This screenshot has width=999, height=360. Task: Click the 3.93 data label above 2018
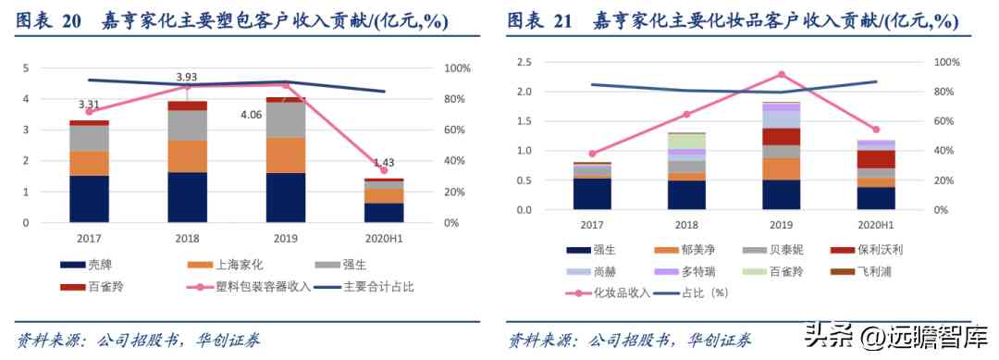[x=187, y=77]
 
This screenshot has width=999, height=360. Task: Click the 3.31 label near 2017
[x=90, y=104]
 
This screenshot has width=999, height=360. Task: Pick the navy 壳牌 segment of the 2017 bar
[x=89, y=199]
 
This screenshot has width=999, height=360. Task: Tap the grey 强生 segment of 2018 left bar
[x=187, y=125]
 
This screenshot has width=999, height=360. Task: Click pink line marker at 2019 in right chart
[x=781, y=74]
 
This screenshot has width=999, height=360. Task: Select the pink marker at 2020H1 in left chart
[x=383, y=170]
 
